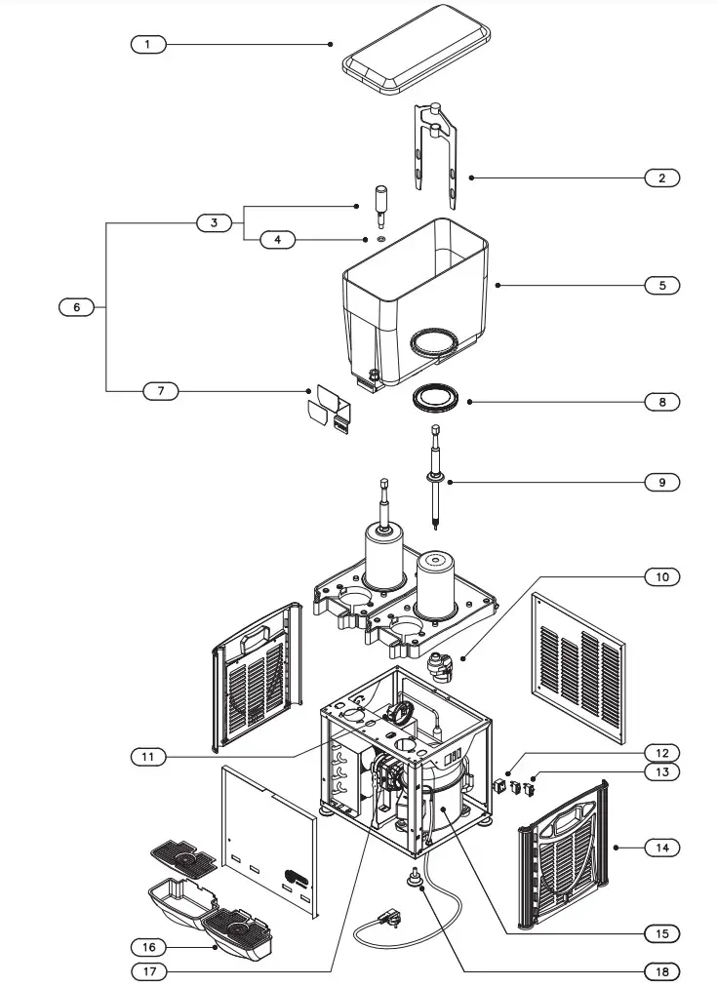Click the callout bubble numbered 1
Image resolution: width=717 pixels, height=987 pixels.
pos(148,44)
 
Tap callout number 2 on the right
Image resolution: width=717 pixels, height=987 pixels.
pos(661,178)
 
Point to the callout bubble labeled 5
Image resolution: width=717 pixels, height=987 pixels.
pos(661,285)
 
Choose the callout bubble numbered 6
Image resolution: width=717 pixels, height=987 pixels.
pos(76,306)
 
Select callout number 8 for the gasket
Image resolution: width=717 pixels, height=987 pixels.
pos(661,401)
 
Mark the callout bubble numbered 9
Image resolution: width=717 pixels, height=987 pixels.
pos(661,482)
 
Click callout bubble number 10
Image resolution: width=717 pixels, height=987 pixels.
pos(661,576)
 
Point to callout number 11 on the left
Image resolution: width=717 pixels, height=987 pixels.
pos(148,756)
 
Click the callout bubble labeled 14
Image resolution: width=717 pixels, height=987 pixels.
pos(661,848)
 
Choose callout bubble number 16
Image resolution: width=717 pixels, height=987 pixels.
pos(148,947)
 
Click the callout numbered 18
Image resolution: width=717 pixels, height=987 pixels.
pos(661,971)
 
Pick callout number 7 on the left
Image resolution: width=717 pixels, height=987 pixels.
pos(161,391)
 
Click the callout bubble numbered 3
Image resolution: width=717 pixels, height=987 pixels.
pos(214,222)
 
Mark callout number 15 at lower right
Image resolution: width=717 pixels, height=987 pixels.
pos(661,933)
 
